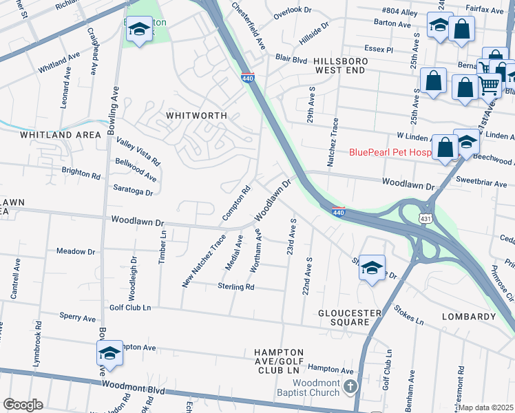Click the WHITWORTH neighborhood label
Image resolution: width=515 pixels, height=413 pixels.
click(196, 116)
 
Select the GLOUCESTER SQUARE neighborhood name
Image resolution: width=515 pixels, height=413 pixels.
click(349, 318)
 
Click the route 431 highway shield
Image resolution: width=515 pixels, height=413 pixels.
click(427, 218)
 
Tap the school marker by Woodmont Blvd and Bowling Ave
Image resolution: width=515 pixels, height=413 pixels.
click(109, 353)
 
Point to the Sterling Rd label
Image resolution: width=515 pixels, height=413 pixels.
click(236, 286)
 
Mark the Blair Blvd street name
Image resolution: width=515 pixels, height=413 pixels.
click(291, 59)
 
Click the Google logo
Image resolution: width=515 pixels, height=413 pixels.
click(23, 405)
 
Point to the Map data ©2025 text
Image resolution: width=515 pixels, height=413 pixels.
click(486, 407)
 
